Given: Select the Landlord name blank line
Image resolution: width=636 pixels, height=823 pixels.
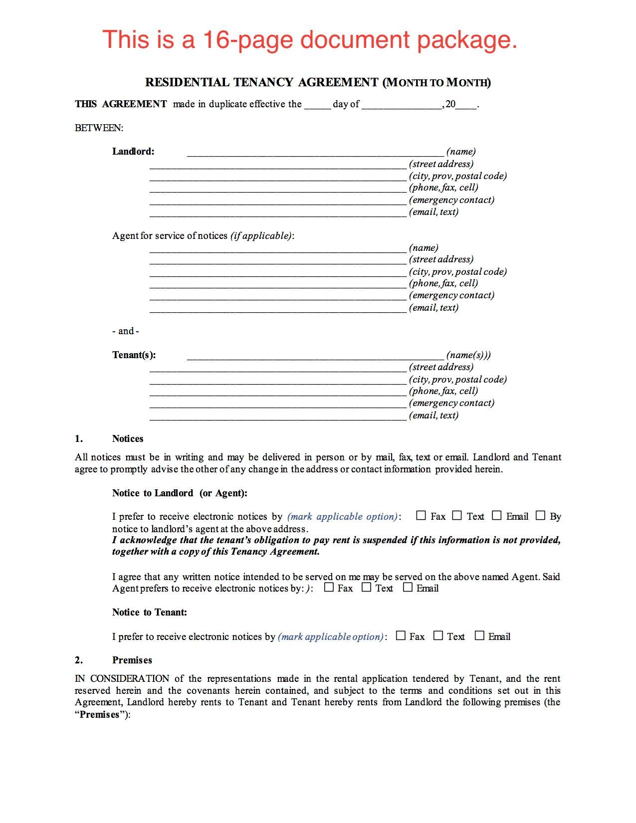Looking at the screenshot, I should (x=315, y=153).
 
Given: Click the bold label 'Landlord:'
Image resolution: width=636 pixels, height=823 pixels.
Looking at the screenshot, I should (x=133, y=152).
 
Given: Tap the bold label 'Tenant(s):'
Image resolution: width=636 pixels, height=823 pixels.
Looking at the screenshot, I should (x=134, y=355).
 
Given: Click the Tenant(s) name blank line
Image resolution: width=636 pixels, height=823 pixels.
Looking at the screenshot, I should (x=315, y=356).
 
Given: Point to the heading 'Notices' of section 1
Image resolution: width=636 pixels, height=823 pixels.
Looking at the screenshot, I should (x=128, y=439).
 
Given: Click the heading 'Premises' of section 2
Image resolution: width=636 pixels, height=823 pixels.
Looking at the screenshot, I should (x=132, y=660).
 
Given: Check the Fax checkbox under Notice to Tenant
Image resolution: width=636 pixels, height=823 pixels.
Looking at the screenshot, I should (x=401, y=636).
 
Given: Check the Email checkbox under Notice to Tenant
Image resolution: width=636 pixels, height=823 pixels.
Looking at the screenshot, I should (x=479, y=636).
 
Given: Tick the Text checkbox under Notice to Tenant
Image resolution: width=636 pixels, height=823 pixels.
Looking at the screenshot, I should (x=438, y=636).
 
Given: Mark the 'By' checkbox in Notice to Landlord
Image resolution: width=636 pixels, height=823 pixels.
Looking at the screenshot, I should (x=540, y=516).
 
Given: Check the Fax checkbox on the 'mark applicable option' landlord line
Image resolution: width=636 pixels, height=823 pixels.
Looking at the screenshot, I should (x=421, y=516).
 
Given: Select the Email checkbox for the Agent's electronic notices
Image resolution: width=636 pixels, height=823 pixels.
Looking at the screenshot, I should (x=408, y=588).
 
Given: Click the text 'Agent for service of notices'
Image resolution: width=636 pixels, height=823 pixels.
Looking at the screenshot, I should (x=170, y=236).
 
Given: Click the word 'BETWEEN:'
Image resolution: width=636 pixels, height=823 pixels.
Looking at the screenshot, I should (x=99, y=128).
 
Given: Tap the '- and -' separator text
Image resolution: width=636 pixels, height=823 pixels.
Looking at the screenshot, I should (x=126, y=331).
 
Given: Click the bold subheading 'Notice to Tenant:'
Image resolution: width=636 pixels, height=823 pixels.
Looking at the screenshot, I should (x=150, y=613).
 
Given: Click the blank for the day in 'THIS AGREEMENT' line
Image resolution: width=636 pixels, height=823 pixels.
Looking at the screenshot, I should (x=317, y=105).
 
